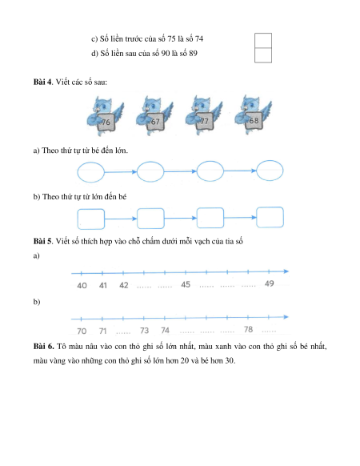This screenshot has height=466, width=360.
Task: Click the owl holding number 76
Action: click(x=105, y=115)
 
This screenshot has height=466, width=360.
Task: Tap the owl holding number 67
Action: click(x=154, y=115)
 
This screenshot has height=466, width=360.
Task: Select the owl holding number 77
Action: click(x=204, y=115)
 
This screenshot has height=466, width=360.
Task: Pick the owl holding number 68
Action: click(x=253, y=114)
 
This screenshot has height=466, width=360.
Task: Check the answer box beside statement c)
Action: click(x=263, y=40)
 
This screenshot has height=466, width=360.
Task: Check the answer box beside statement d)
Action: click(x=263, y=55)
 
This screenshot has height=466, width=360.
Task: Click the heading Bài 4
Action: click(x=42, y=82)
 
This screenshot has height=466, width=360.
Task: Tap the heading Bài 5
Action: click(x=42, y=241)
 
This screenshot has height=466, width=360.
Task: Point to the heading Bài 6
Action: click(x=43, y=346)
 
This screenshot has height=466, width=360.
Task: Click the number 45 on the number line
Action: click(x=186, y=284)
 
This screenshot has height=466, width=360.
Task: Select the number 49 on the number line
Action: click(x=269, y=283)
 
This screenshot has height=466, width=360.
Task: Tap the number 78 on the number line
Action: click(x=248, y=329)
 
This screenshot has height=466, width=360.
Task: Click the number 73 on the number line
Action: click(x=144, y=330)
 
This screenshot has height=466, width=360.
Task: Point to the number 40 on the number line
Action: click(x=82, y=286)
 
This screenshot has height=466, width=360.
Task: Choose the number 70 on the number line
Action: click(x=82, y=331)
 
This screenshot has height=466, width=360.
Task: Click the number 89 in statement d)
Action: click(x=193, y=54)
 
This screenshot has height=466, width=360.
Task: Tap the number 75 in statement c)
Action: click(x=171, y=39)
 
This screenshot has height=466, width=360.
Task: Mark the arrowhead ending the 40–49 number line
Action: click(x=286, y=271)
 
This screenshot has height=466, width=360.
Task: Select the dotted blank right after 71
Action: click(x=123, y=332)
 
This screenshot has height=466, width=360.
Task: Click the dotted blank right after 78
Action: click(x=269, y=331)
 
